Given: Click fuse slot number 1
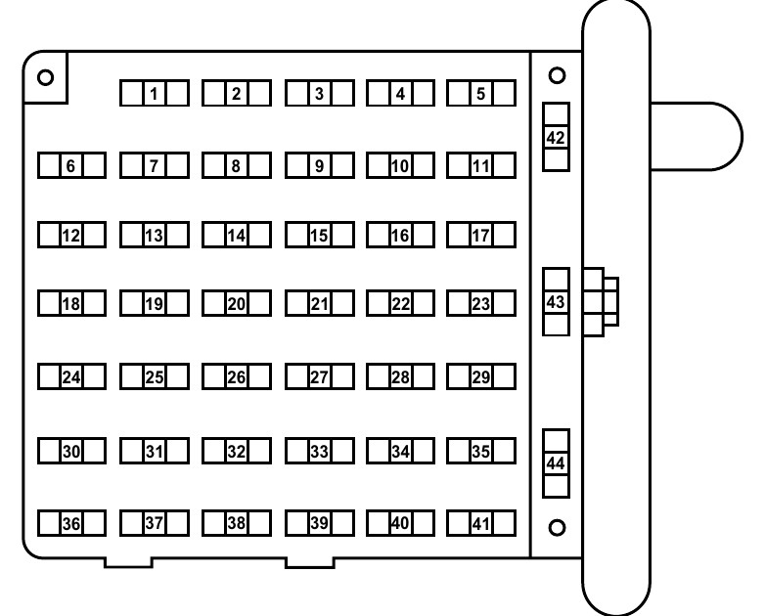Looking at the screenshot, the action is pyautogui.click(x=155, y=93).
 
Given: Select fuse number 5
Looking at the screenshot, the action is pyautogui.click(x=481, y=93).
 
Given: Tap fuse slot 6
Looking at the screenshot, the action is pyautogui.click(x=71, y=165).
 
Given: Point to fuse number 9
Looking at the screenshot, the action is pyautogui.click(x=320, y=165).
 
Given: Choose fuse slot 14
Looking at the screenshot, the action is pyautogui.click(x=237, y=235).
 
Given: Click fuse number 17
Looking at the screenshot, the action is pyautogui.click(x=481, y=235).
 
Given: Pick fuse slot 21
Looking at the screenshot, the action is pyautogui.click(x=320, y=303).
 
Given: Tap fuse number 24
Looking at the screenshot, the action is pyautogui.click(x=71, y=376).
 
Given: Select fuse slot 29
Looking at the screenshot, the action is pyautogui.click(x=481, y=376).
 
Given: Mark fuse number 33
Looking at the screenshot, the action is pyautogui.click(x=320, y=451).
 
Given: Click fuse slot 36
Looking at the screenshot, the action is pyautogui.click(x=71, y=523).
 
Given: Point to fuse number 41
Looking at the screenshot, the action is pyautogui.click(x=481, y=523).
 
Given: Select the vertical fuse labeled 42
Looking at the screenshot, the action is pyautogui.click(x=557, y=137).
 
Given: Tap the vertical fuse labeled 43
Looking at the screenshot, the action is pyautogui.click(x=557, y=302).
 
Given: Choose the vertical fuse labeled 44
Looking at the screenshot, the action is pyautogui.click(x=557, y=463).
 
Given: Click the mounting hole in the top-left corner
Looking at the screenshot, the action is pyautogui.click(x=45, y=77).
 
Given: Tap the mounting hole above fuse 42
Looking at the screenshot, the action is pyautogui.click(x=558, y=75).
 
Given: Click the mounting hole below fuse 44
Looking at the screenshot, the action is pyautogui.click(x=558, y=528).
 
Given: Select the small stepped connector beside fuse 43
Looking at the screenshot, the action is pyautogui.click(x=601, y=302).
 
